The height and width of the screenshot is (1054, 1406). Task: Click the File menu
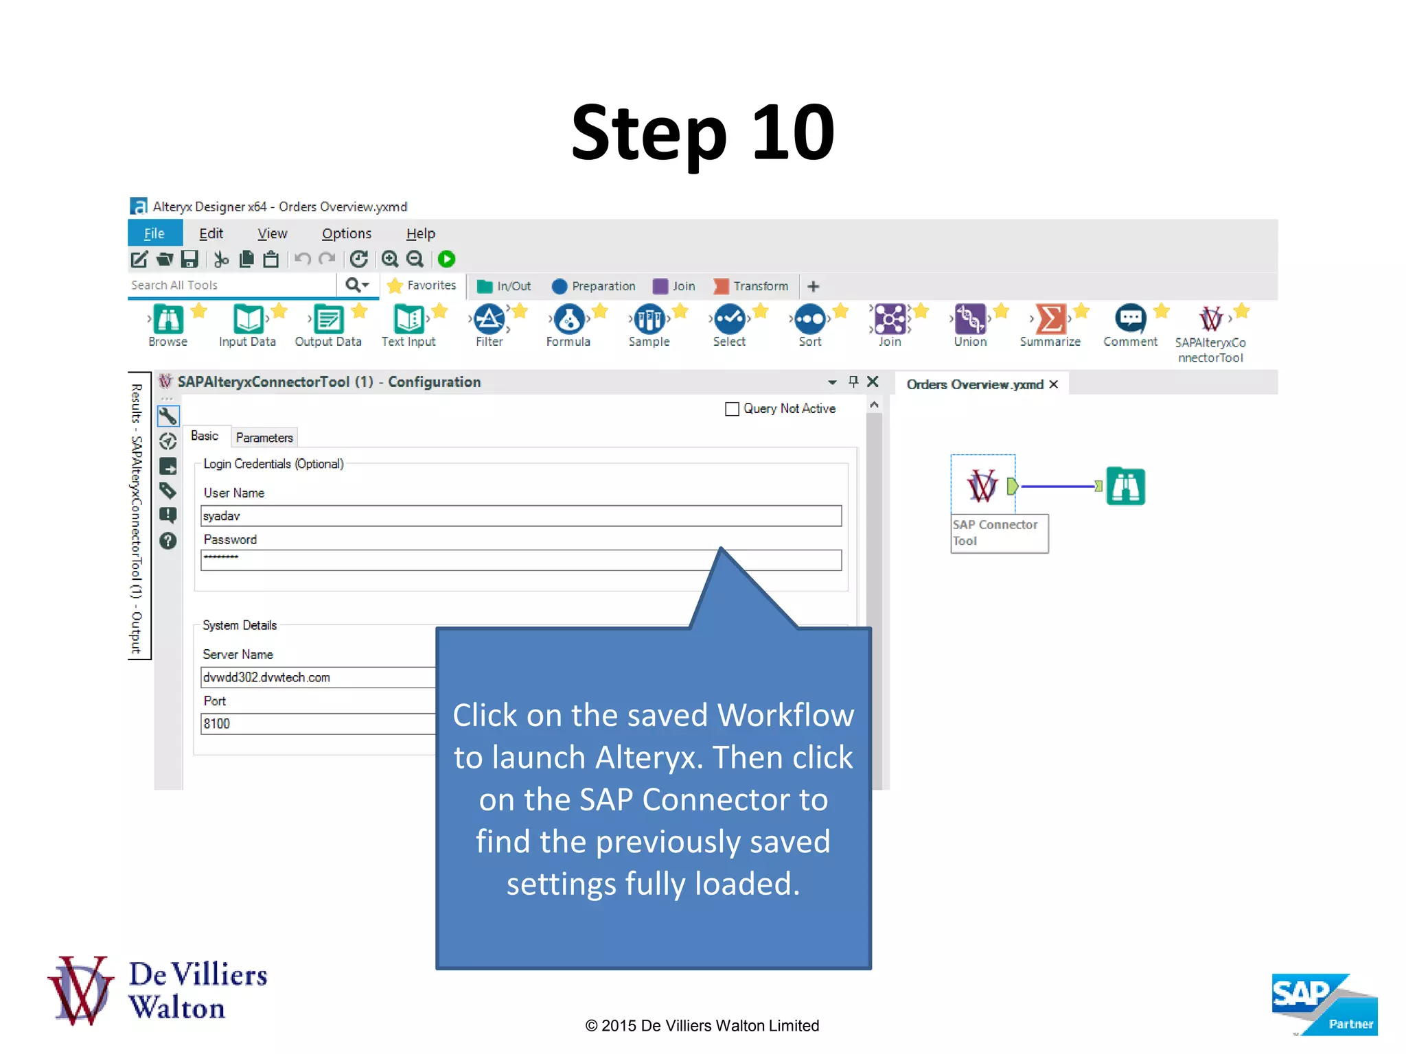(154, 233)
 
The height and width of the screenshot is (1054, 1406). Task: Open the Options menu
(346, 233)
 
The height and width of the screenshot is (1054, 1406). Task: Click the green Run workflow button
(446, 259)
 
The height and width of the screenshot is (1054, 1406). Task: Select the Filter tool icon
(489, 319)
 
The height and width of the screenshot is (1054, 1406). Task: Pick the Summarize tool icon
(1050, 319)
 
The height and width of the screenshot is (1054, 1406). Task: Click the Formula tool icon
(568, 319)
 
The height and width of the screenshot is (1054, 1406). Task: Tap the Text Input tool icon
(408, 319)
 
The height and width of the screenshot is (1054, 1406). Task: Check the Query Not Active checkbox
(733, 409)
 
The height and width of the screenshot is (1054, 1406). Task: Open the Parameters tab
(264, 438)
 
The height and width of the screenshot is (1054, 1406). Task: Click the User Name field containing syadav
(520, 516)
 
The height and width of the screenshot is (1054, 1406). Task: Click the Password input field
(453, 561)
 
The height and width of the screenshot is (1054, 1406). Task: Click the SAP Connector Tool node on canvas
(982, 485)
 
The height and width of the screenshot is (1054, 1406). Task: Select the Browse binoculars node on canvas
(1126, 487)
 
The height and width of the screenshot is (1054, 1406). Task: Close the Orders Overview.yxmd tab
(1054, 384)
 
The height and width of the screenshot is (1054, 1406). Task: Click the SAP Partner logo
(1324, 1004)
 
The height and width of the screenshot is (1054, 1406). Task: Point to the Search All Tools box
(231, 285)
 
